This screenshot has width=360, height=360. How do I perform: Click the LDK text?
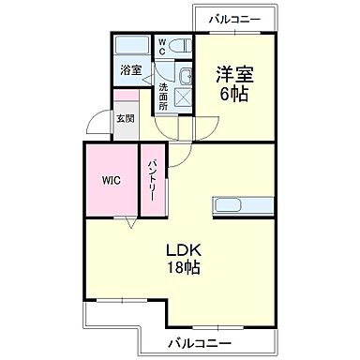point(186,250)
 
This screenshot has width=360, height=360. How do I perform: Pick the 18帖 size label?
point(186,268)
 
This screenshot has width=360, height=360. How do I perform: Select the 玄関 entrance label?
point(125,119)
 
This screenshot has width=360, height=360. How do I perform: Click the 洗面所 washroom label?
point(162,97)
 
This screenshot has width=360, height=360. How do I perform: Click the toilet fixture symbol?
point(182,44)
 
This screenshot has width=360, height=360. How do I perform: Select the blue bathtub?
point(129,44)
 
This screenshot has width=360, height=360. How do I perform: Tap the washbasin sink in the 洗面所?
point(184,77)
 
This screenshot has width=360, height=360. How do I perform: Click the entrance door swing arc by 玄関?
point(97,125)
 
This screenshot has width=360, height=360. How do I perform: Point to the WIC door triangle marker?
point(130,222)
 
